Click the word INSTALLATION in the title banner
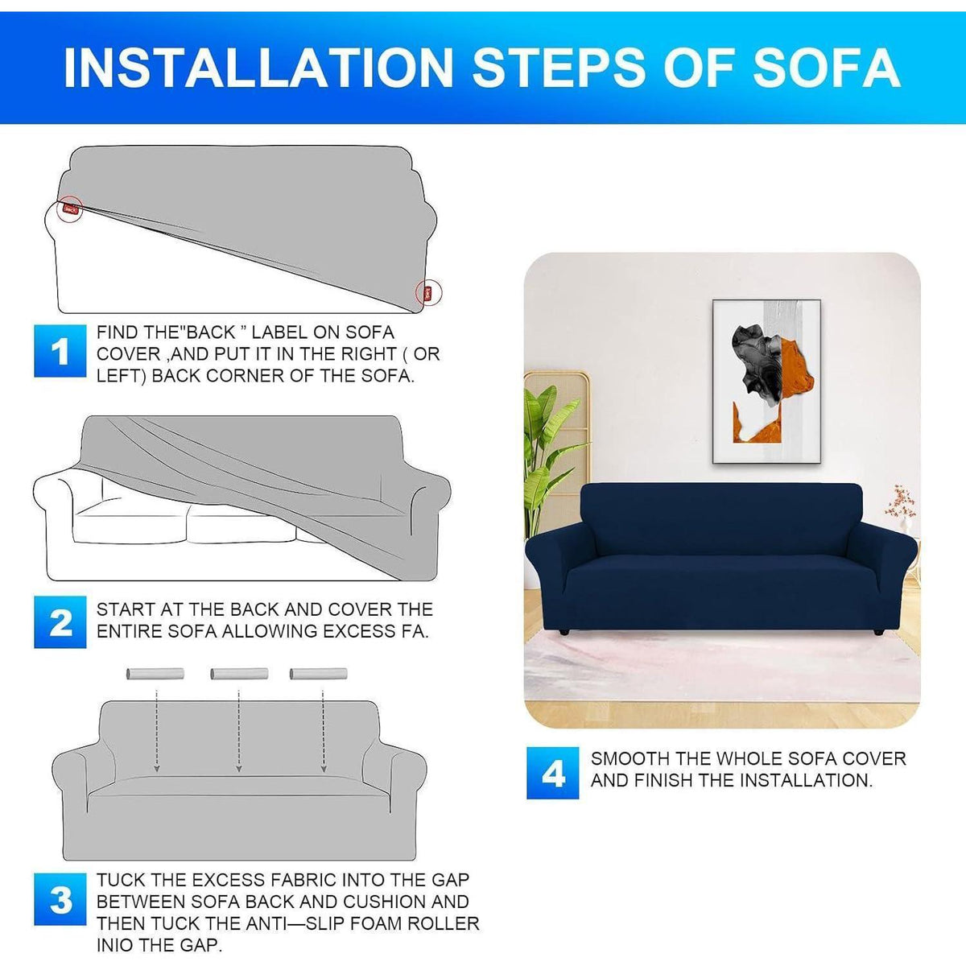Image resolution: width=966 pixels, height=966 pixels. click(258, 68)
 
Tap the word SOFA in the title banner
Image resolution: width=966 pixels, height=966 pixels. click(827, 68)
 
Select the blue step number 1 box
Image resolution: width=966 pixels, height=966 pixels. click(60, 350)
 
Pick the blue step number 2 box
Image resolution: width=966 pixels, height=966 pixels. click(60, 622)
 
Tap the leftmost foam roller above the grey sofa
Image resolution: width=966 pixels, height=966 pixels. click(155, 674)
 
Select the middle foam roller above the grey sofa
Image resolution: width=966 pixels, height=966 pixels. click(239, 674)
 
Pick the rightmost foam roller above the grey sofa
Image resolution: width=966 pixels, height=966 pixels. click(319, 674)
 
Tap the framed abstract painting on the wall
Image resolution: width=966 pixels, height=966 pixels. click(766, 382)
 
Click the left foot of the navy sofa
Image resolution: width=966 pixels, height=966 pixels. click(565, 633)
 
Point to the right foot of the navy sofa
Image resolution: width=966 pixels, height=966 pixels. click(877, 633)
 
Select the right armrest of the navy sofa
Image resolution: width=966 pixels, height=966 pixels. click(883, 561)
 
